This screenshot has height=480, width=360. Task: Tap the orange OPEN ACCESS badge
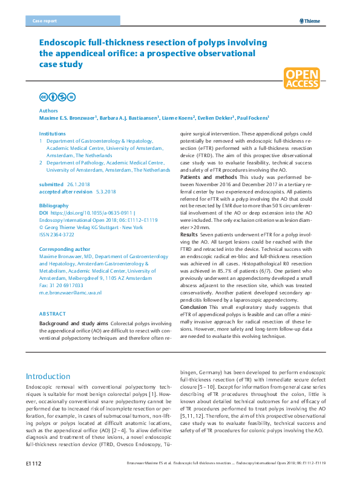302,79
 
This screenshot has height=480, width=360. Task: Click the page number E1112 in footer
33,464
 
